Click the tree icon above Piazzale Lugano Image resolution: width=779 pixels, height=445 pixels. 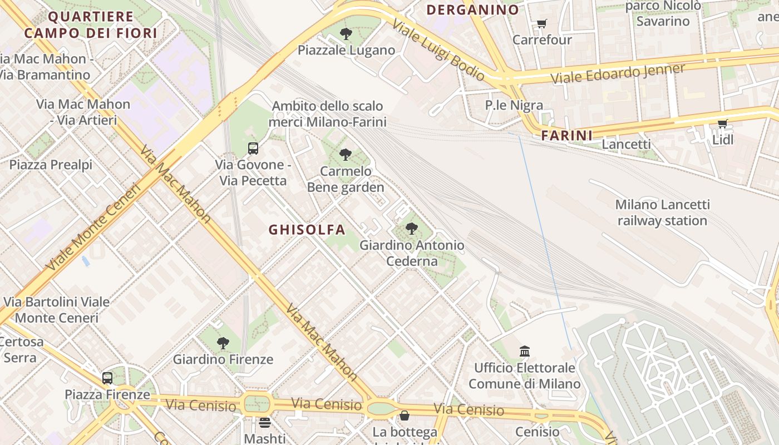pyautogui.click(x=346, y=34)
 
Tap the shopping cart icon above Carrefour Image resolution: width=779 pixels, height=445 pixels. pyautogui.click(x=541, y=24)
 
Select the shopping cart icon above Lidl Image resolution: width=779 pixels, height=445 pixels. pyautogui.click(x=722, y=123)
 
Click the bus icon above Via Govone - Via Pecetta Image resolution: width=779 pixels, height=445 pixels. pyautogui.click(x=253, y=149)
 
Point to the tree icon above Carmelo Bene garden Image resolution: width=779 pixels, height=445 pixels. pyautogui.click(x=346, y=155)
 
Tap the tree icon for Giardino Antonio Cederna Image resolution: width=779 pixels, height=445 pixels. pyautogui.click(x=412, y=228)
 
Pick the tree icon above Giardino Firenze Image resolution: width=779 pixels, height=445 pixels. pyautogui.click(x=223, y=343)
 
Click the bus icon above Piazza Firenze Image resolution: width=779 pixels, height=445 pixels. pyautogui.click(x=107, y=378)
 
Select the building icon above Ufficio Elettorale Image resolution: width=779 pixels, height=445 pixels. pyautogui.click(x=525, y=351)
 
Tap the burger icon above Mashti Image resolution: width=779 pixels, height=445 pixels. pyautogui.click(x=265, y=423)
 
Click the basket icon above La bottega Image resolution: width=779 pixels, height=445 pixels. pyautogui.click(x=405, y=416)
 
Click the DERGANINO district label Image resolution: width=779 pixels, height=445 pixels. pyautogui.click(x=472, y=9)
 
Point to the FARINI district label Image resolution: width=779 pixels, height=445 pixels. pyautogui.click(x=567, y=135)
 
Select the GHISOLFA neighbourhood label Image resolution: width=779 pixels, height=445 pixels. pyautogui.click(x=307, y=230)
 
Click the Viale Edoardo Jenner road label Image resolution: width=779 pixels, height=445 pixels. pyautogui.click(x=618, y=74)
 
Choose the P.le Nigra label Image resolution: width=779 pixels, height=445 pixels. pyautogui.click(x=514, y=105)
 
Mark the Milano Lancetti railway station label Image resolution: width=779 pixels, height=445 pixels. pyautogui.click(x=662, y=212)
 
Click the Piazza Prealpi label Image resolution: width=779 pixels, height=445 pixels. pyautogui.click(x=51, y=165)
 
